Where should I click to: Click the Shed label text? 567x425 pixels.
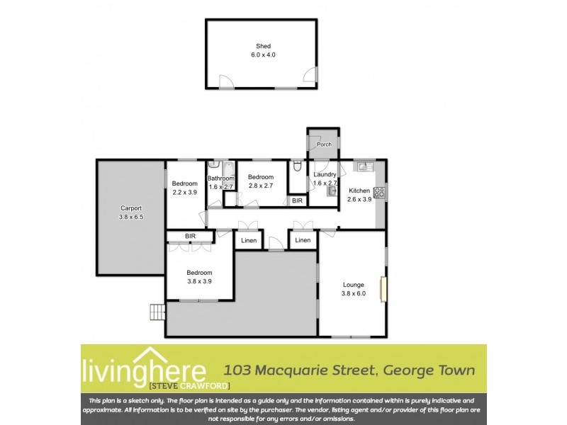tap(263, 46)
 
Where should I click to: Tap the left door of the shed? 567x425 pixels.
tap(226, 82)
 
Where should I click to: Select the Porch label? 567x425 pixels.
tap(324, 144)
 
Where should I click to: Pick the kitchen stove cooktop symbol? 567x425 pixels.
tap(378, 191)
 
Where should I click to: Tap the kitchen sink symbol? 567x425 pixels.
tap(364, 166)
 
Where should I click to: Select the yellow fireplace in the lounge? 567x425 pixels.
tap(383, 289)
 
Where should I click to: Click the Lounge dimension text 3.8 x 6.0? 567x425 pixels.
tap(353, 293)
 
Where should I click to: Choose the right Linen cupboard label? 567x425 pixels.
tap(303, 241)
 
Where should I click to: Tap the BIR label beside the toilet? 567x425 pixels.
tap(298, 201)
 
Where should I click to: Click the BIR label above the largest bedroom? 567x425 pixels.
tap(189, 237)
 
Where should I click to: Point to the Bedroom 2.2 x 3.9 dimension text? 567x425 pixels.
tap(184, 192)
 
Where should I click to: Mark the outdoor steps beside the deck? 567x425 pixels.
tap(157, 312)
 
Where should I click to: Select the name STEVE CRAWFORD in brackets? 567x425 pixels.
tap(179, 385)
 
